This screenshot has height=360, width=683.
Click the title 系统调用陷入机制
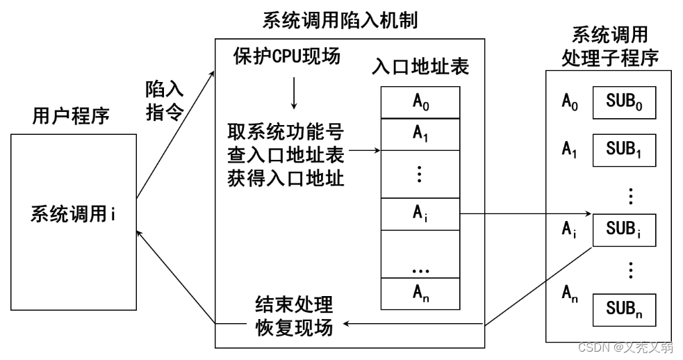click(x=340, y=20)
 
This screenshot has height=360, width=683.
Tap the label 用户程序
click(x=71, y=115)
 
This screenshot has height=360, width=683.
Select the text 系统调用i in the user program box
click(x=72, y=214)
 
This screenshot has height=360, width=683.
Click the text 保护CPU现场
click(x=287, y=56)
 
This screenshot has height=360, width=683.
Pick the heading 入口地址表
click(x=420, y=67)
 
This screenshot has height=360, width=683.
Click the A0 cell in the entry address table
click(x=420, y=102)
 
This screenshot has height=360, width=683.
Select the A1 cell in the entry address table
click(x=420, y=134)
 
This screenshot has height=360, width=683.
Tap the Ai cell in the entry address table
click(x=420, y=213)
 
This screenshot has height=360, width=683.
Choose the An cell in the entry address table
click(x=420, y=293)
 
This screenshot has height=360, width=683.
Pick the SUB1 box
click(x=623, y=149)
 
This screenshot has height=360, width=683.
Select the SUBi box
click(x=623, y=229)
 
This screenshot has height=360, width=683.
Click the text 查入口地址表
click(x=286, y=152)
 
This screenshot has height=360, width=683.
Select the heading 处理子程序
click(x=609, y=58)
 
